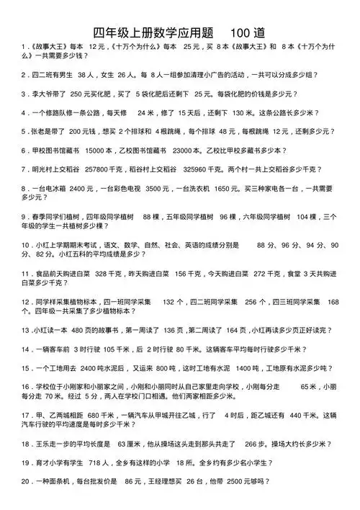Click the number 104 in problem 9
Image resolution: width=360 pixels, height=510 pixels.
[306, 216]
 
